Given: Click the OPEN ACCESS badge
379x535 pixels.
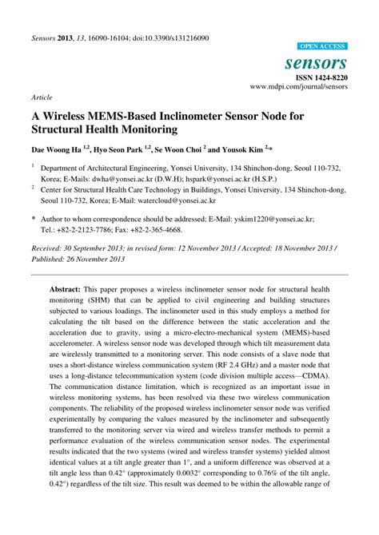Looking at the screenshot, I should (x=321, y=47).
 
